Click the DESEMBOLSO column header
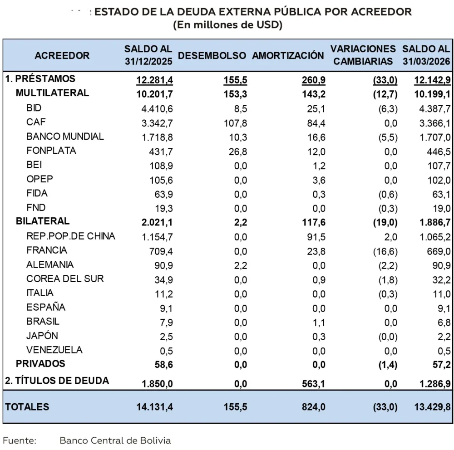point(212,55)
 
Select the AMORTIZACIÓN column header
point(288,55)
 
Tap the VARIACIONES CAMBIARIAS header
point(363,55)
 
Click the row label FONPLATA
point(51,150)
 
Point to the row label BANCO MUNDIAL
point(65,136)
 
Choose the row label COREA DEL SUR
point(65,279)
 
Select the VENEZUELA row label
point(54,350)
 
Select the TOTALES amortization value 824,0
point(314,407)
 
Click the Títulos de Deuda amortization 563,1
point(314,384)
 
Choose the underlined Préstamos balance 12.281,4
point(155,80)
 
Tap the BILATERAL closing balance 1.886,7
point(431,222)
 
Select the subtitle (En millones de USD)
point(228,25)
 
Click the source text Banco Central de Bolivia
point(115,440)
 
